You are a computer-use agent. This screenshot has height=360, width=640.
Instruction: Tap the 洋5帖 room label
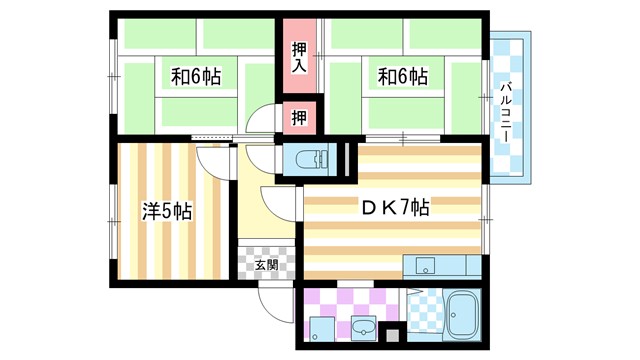tap(166, 212)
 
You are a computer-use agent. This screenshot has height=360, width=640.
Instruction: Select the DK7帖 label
tap(395, 209)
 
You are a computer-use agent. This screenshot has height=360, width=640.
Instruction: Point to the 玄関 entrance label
tap(266, 265)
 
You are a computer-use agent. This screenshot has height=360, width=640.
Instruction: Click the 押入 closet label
tap(299, 56)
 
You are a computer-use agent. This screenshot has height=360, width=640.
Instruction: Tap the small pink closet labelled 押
tap(299, 117)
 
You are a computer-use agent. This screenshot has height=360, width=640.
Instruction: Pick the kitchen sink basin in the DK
tap(423, 266)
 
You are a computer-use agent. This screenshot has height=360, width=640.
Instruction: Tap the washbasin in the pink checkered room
tap(362, 330)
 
